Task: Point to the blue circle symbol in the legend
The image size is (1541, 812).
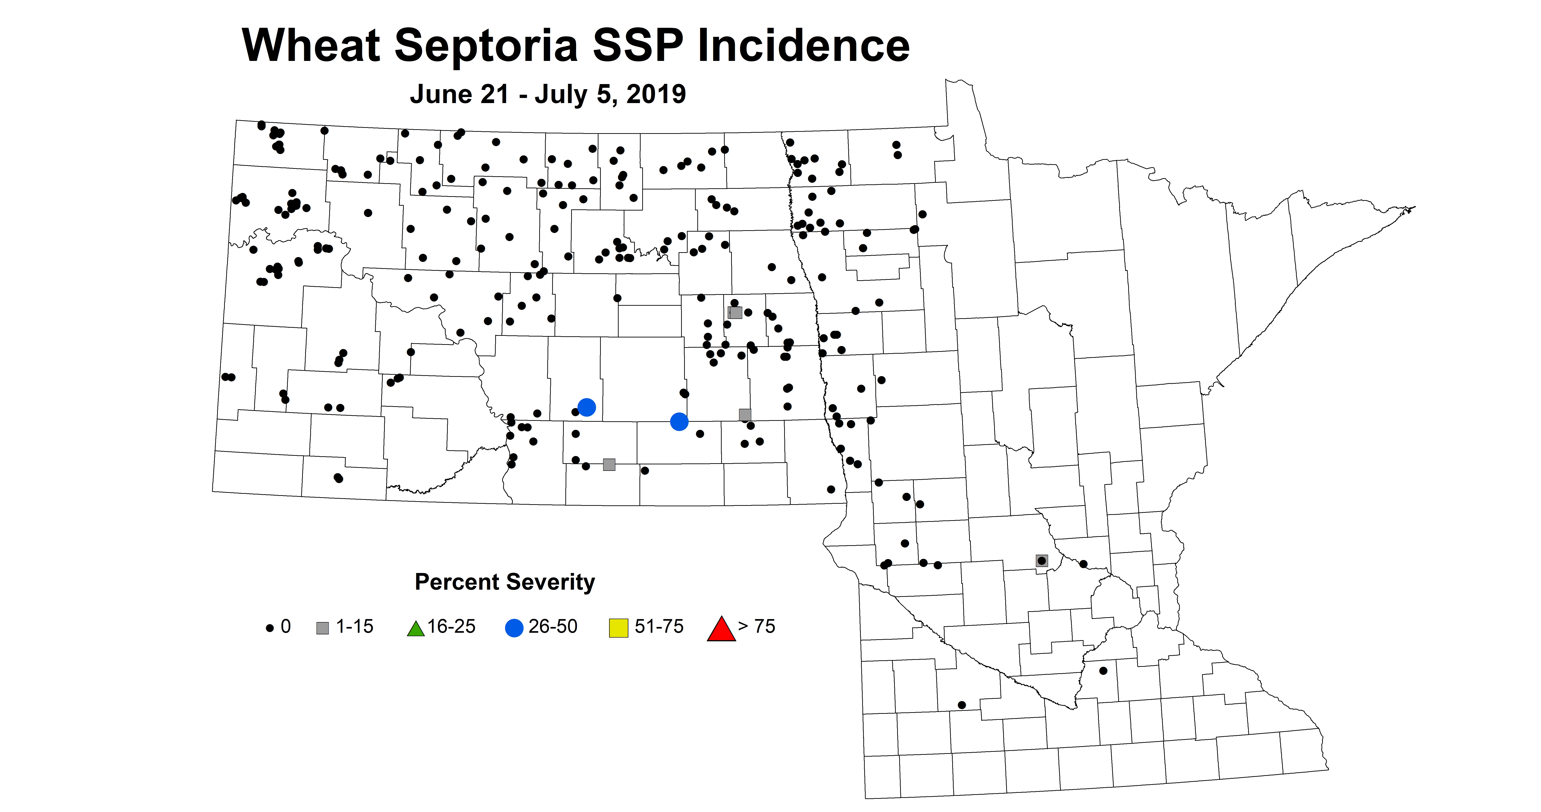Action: tap(514, 628)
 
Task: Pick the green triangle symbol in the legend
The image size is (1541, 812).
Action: tap(415, 629)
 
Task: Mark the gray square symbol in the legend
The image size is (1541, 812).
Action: tap(323, 628)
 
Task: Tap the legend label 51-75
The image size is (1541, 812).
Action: tap(659, 626)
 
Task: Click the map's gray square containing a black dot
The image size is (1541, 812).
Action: tap(1041, 561)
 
